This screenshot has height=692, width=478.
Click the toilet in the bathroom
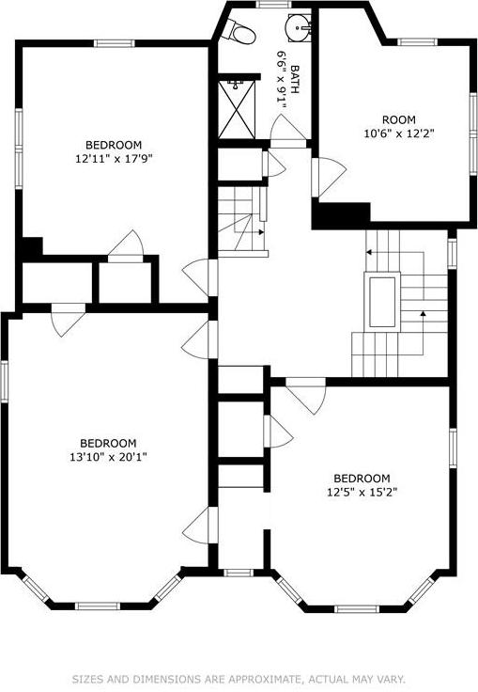243,32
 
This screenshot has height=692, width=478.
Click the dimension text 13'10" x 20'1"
108,457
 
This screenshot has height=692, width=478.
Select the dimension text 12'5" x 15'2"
362,491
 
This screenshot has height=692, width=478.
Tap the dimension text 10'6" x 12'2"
399,133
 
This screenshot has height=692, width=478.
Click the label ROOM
398,118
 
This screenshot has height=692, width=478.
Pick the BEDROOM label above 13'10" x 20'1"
108,443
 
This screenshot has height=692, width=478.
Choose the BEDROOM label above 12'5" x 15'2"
362,477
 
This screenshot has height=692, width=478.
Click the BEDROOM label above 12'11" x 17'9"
114,144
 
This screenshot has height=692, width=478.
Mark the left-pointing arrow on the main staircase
370,252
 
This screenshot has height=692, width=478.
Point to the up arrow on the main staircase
424,314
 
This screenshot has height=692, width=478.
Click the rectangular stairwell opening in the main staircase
382,301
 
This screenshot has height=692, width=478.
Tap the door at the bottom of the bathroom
286,132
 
